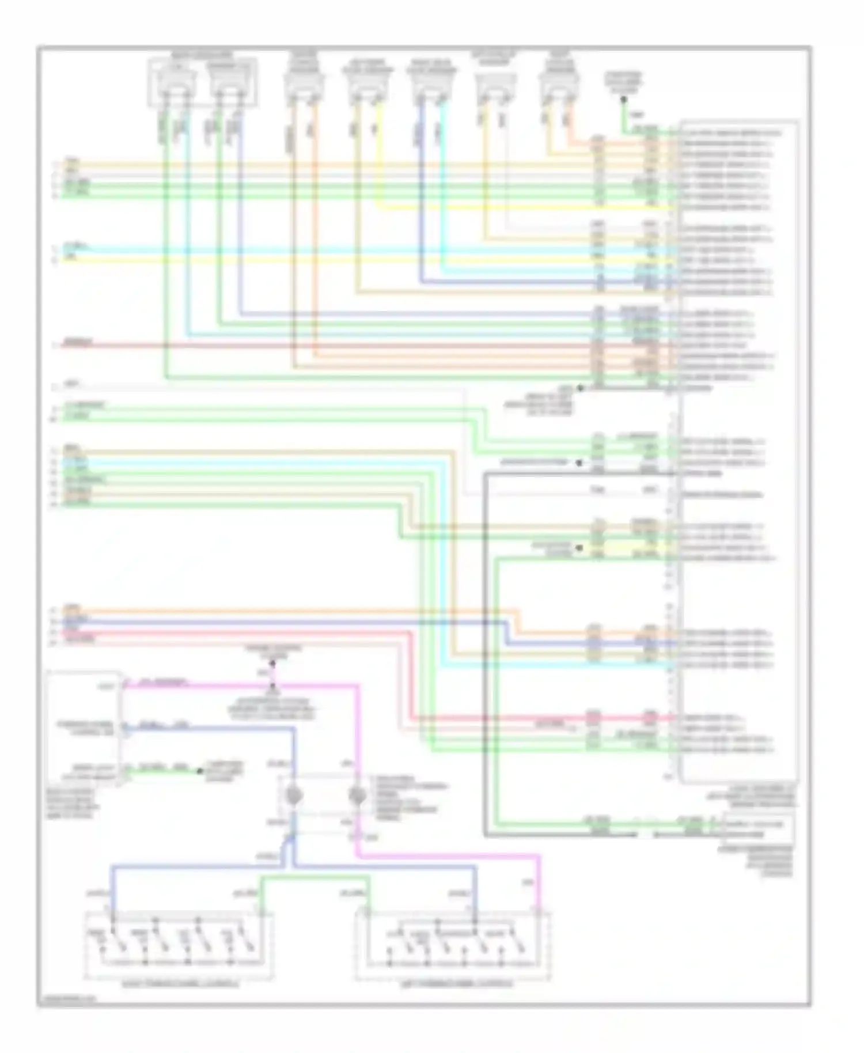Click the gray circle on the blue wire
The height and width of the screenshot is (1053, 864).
click(x=294, y=797)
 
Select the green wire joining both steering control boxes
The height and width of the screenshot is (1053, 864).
click(x=314, y=877)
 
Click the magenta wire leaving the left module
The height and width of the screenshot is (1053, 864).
click(x=230, y=686)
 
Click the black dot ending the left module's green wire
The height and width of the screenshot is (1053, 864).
click(x=200, y=771)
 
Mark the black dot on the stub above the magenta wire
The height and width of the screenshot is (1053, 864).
click(x=273, y=663)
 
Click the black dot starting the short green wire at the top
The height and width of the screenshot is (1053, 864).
click(x=623, y=99)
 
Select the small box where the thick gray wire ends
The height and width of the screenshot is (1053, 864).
click(x=759, y=829)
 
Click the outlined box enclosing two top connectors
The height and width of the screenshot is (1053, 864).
click(x=203, y=82)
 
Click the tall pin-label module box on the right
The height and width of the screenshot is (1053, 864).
click(x=739, y=449)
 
